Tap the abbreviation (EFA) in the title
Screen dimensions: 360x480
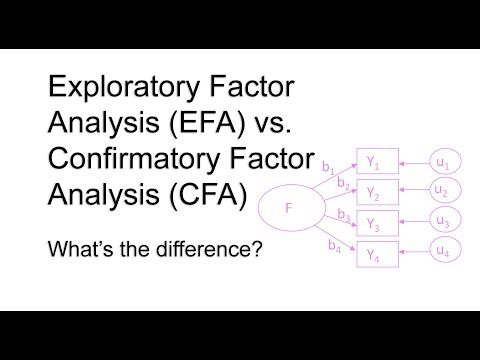coord(204,125)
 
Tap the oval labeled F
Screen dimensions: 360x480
coord(290,208)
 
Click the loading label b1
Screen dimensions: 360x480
coord(327,171)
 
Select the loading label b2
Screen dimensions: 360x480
coord(343,184)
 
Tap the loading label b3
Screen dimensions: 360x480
coord(343,214)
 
